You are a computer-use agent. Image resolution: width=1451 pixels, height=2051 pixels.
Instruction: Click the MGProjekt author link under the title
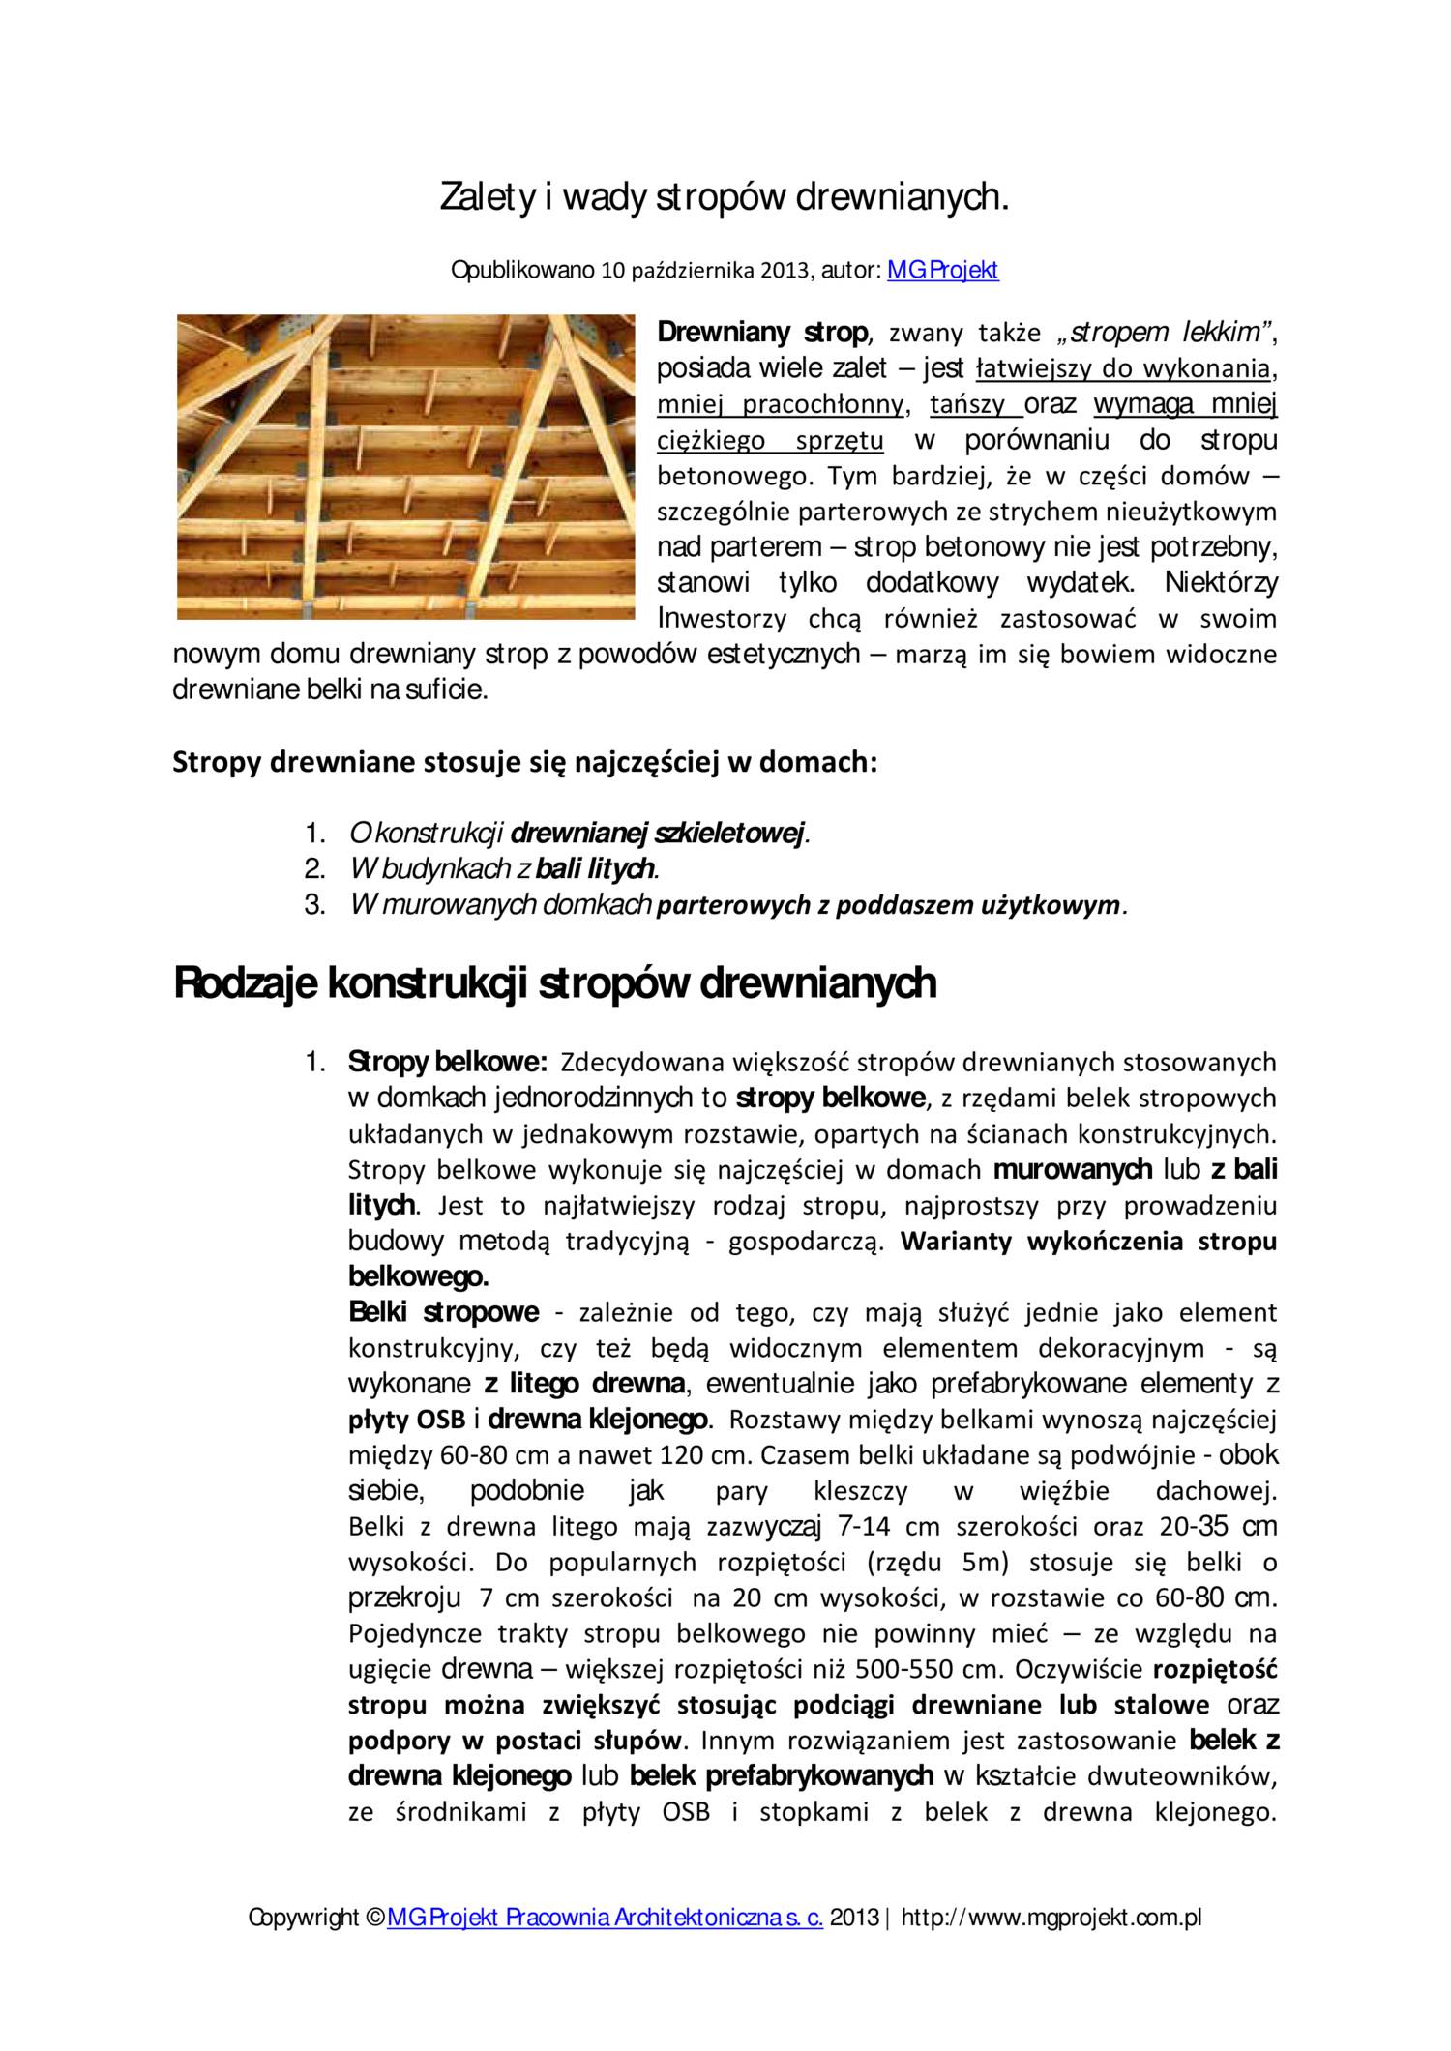[x=942, y=270]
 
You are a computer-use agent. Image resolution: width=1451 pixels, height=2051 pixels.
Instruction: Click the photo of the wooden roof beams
[x=405, y=466]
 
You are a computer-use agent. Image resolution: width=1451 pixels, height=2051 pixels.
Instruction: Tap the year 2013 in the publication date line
[x=784, y=271]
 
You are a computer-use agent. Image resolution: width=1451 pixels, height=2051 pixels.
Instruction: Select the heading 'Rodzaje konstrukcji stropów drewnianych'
[x=554, y=983]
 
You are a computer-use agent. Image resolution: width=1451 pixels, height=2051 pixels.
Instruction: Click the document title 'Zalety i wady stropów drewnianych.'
[x=725, y=197]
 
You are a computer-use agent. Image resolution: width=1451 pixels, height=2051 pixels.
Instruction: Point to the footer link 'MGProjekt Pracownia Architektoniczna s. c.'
[x=605, y=1919]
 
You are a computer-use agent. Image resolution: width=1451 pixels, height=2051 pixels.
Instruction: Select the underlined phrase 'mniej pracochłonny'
[x=781, y=405]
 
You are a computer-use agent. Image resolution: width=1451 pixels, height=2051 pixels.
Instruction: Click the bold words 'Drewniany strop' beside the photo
[x=762, y=334]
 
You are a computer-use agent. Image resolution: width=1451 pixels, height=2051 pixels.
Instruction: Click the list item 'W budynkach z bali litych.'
[x=504, y=869]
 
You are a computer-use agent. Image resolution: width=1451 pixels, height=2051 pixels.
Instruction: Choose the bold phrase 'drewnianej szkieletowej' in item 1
[x=658, y=834]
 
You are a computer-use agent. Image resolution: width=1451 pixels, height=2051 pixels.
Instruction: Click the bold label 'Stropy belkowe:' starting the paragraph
[x=448, y=1063]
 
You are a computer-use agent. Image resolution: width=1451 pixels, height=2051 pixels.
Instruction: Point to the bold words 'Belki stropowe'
[x=443, y=1313]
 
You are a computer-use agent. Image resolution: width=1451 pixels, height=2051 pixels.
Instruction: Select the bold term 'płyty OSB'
[x=406, y=1421]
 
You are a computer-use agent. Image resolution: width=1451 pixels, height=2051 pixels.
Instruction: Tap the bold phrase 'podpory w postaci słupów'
[x=516, y=1742]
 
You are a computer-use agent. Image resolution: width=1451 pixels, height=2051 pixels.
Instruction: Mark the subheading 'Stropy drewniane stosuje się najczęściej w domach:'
[x=524, y=763]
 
